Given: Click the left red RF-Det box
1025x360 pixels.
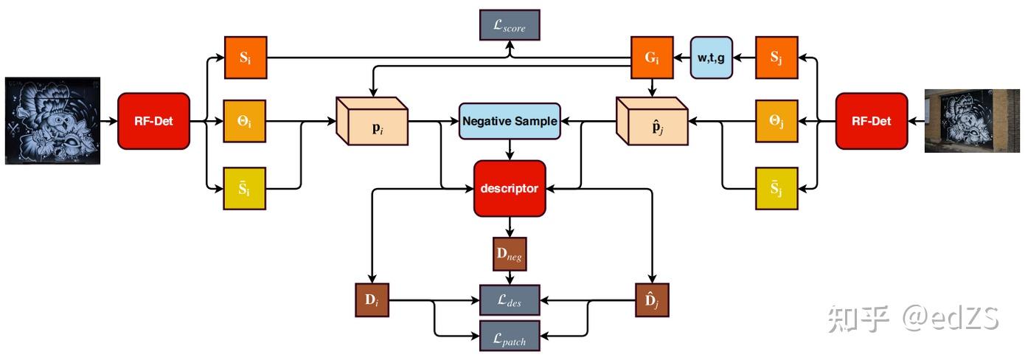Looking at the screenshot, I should (x=153, y=121).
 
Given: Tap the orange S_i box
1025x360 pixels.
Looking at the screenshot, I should (x=244, y=58).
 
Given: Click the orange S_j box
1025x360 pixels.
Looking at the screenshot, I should (x=776, y=58).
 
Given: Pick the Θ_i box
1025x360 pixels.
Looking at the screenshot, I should (x=244, y=121).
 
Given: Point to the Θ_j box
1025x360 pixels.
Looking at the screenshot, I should (x=776, y=121).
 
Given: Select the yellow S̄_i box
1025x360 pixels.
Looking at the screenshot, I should (x=244, y=188).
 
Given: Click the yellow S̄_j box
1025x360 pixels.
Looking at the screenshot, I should (x=776, y=188).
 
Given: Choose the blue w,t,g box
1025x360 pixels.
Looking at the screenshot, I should (x=712, y=58).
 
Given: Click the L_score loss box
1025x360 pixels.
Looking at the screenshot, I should (x=510, y=25).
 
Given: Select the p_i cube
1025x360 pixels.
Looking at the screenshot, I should (x=372, y=121).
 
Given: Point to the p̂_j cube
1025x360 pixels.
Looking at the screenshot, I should (x=652, y=121).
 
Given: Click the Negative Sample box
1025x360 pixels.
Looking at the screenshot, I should (x=510, y=121).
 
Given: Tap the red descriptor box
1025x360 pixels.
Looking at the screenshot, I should (x=510, y=188).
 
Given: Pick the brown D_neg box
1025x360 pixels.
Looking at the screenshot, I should (x=510, y=255).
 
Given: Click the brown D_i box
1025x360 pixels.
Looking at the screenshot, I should (x=371, y=300).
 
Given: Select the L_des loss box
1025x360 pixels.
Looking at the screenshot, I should (x=510, y=300).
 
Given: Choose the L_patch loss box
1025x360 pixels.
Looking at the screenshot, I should (x=510, y=337).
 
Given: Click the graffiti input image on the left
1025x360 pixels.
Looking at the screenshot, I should (x=52, y=120).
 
